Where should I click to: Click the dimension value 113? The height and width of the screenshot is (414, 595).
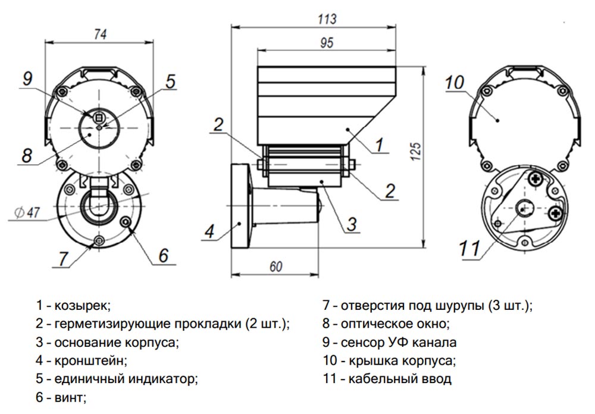[x=327, y=18]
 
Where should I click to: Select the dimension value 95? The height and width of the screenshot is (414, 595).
[x=327, y=43]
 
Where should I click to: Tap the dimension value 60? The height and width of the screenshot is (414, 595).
[x=275, y=267]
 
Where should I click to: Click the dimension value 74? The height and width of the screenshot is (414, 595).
[x=99, y=34]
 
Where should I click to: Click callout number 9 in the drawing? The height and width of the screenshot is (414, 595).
[x=27, y=79]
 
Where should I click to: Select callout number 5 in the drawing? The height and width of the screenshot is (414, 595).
[x=171, y=81]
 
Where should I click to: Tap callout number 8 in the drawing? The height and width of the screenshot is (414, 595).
[x=27, y=155]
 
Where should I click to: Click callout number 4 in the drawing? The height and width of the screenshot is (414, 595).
[x=208, y=232]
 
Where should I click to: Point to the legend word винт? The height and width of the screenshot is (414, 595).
[x=70, y=396]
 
